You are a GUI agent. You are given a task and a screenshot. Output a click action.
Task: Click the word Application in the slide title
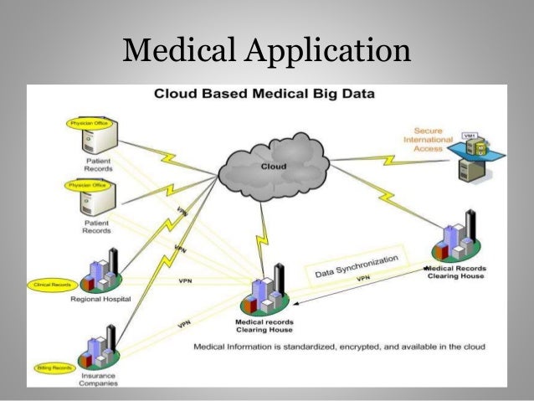coord(330,51)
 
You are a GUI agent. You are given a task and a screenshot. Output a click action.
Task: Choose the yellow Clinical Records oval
coord(54,284)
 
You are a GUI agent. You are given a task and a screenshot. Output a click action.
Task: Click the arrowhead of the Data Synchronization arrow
coord(295,307)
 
